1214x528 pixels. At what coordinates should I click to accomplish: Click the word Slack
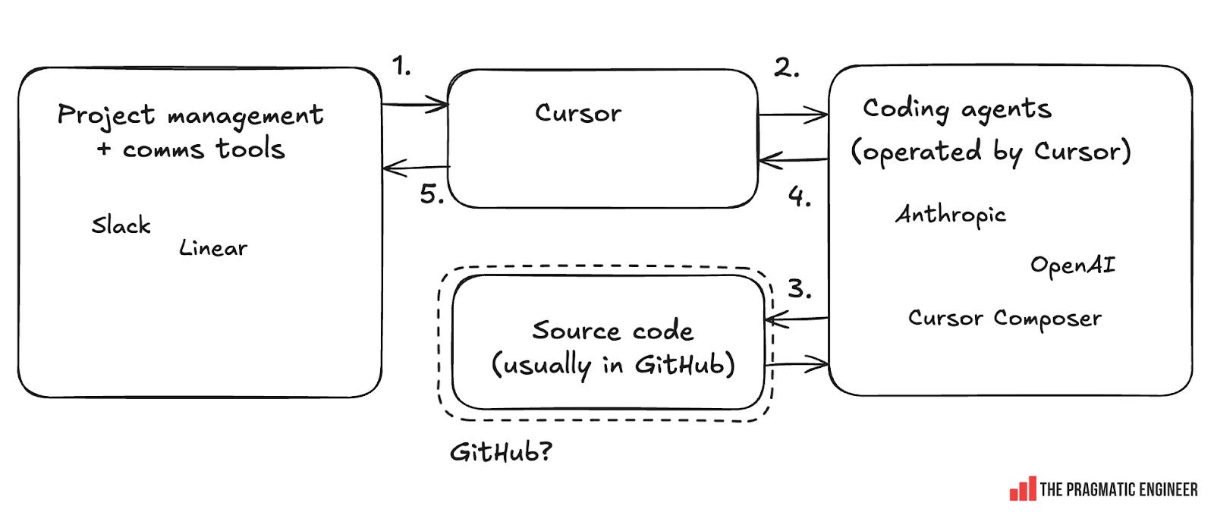121,225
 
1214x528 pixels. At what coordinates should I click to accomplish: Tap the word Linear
213,248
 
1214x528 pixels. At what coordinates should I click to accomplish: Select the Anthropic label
951,215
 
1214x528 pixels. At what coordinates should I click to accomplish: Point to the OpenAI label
1072,266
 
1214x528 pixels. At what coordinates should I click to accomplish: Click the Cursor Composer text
1005,318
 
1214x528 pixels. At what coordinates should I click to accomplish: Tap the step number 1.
401,67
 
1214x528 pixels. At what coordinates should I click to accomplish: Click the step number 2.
786,68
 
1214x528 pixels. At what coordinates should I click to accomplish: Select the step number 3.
799,289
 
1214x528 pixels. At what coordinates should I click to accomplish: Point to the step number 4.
799,197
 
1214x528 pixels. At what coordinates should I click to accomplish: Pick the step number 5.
432,195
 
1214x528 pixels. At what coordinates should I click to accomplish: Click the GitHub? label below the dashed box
501,453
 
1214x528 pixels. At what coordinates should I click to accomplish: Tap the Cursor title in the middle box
577,114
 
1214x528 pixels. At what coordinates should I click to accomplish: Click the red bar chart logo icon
1022,489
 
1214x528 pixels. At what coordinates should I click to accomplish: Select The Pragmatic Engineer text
1118,490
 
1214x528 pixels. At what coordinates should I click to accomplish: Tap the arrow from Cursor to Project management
416,168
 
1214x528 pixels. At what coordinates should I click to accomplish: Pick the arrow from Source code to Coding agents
797,365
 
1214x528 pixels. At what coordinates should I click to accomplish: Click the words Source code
612,331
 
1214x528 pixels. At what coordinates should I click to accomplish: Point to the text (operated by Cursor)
991,152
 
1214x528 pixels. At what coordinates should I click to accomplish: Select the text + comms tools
190,149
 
